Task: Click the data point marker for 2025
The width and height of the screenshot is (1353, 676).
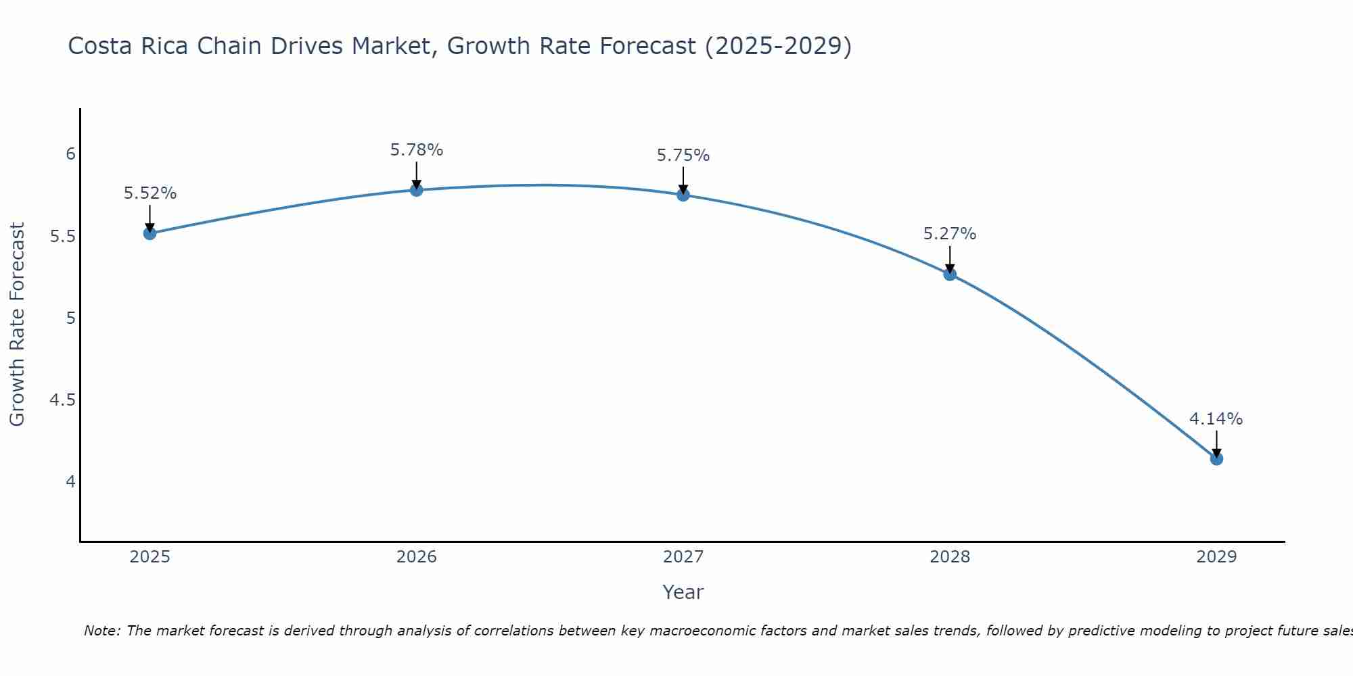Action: coord(150,233)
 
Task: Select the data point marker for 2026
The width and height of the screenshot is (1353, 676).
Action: coord(417,190)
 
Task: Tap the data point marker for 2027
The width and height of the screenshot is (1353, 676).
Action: coord(683,195)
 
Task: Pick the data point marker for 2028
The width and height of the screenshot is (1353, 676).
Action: coord(950,274)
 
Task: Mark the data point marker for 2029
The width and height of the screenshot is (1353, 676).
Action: coord(1216,458)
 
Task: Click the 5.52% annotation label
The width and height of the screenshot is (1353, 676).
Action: coord(150,193)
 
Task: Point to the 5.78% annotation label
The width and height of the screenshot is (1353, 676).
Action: coord(417,150)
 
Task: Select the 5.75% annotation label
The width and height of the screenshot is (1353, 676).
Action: coord(683,155)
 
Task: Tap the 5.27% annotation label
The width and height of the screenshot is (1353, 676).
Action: coord(950,234)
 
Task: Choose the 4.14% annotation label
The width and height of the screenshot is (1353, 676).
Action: coord(1216,419)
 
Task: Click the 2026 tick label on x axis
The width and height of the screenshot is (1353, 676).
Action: coord(417,557)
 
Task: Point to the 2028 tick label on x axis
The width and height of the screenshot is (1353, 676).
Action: coord(950,557)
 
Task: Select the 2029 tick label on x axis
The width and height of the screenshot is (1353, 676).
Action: coord(1216,557)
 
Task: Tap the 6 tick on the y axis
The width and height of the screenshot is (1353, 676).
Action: coord(70,154)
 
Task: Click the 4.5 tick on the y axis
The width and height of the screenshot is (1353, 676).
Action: coord(63,400)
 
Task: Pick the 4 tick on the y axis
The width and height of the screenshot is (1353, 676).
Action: coord(70,482)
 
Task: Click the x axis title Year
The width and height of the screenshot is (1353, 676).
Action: coord(683,592)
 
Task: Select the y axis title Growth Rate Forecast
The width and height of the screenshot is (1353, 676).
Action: coord(17,324)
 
